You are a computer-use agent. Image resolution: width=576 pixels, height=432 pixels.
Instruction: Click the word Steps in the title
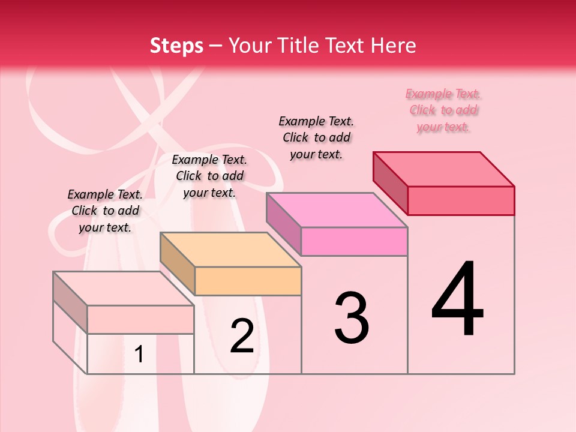tap(176, 46)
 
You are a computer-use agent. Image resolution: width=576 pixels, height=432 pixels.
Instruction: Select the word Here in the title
tap(393, 46)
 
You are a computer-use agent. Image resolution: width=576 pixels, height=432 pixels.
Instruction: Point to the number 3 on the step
tap(352, 317)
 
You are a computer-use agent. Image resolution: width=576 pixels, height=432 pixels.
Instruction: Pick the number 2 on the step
tap(242, 336)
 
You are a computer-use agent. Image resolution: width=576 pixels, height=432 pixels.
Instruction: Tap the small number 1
tap(139, 354)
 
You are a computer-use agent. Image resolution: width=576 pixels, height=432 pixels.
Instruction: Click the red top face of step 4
tap(444, 169)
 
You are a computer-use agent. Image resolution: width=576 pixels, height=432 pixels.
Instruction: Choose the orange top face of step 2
tap(230, 250)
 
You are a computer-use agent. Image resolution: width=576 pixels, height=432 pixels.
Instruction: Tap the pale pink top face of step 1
tap(124, 289)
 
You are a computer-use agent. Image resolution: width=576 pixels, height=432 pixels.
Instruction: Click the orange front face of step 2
tap(248, 281)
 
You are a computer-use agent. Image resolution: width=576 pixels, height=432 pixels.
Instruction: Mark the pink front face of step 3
tap(354, 241)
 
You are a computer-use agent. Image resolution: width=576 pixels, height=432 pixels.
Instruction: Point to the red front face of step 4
tap(461, 200)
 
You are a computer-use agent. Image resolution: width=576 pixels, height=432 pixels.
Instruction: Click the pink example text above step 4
tap(443, 110)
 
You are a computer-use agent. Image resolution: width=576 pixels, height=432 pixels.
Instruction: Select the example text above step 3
tap(316, 137)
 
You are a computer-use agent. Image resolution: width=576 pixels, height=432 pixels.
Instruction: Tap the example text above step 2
tap(209, 176)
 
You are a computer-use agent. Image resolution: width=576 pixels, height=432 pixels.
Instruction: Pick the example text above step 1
tap(105, 211)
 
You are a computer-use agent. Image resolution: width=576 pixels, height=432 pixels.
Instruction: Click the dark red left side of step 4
tap(390, 182)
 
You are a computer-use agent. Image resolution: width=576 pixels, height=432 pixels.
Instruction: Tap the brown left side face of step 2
tap(178, 263)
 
